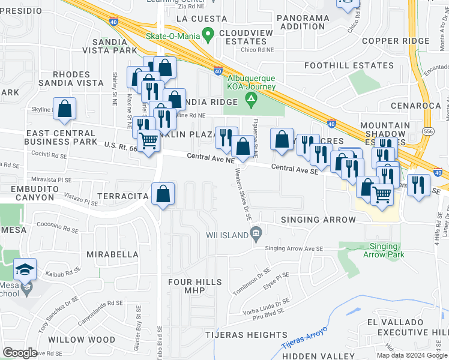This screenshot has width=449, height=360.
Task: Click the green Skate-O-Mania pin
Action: pos(208,35)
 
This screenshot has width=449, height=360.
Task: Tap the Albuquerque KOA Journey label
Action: pos(252,83)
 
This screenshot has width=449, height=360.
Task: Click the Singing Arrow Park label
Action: pos(384,250)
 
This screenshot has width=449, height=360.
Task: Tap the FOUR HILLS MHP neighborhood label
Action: pos(194,286)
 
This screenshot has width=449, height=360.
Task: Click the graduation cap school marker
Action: pos(25,269)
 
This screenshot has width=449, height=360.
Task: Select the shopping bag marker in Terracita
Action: pos(163,194)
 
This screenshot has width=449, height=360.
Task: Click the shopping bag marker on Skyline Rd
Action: pos(64,109)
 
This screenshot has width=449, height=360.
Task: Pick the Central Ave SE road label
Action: pos(294,170)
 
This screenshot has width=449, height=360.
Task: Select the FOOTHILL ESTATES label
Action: pos(340,65)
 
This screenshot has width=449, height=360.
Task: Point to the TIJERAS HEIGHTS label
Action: pos(238,335)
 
